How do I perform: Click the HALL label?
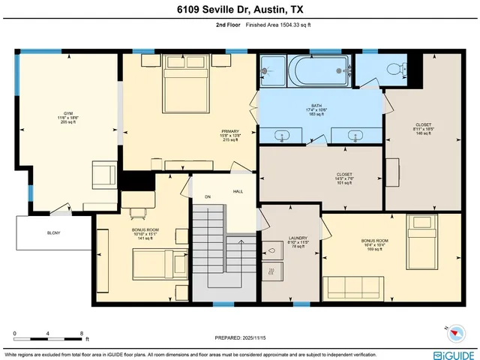pos(238,192)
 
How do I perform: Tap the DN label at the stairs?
pos(209,198)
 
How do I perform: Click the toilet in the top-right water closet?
pos(394,68)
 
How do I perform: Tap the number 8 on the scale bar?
pos(81,331)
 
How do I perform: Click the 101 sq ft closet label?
pos(344,177)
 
